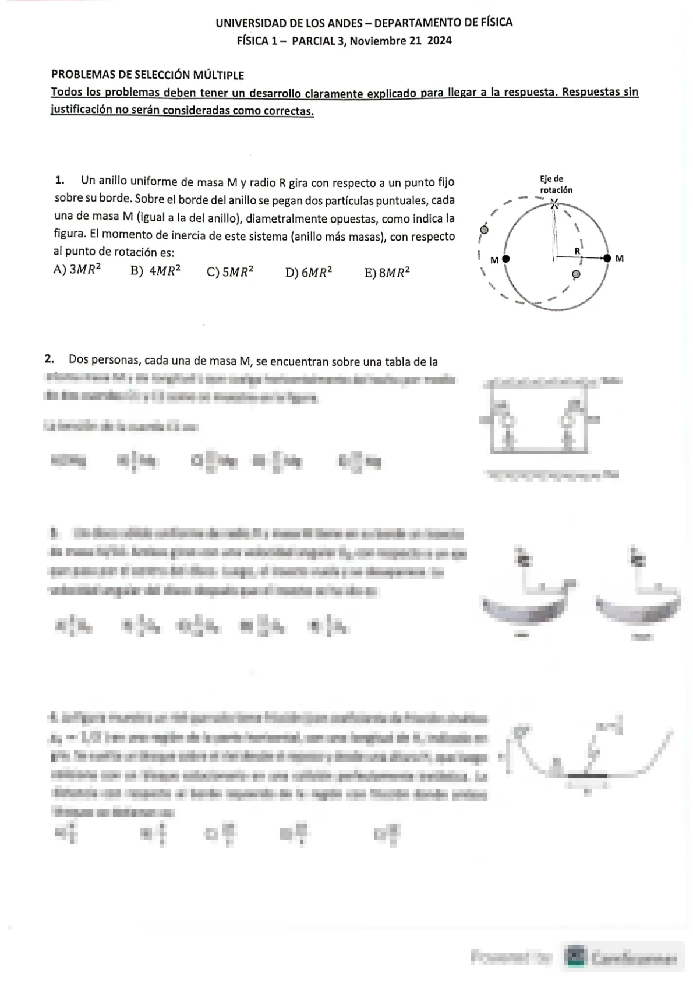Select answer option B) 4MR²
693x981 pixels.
(x=155, y=271)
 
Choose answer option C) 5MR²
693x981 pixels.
(x=230, y=272)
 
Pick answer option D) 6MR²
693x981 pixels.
(x=309, y=272)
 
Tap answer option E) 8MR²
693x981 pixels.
(x=387, y=272)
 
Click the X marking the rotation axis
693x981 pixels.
(x=554, y=203)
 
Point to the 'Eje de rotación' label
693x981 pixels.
(x=556, y=185)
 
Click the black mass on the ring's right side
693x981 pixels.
(x=607, y=257)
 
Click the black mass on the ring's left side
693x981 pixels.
(x=506, y=259)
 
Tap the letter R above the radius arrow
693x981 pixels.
(x=577, y=250)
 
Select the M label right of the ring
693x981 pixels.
(x=619, y=258)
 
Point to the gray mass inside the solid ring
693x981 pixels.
(x=577, y=274)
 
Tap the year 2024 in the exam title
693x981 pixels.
(x=440, y=41)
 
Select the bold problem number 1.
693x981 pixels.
(x=59, y=180)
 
